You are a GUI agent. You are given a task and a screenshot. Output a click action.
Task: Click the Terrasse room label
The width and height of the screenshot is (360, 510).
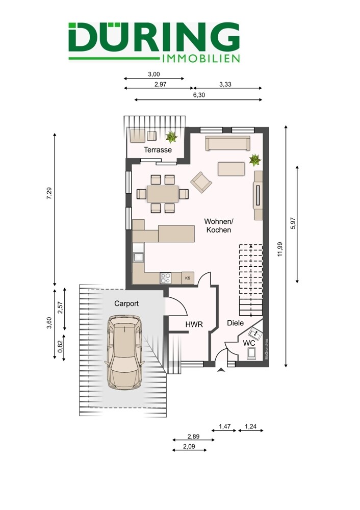pyautogui.click(x=158, y=150)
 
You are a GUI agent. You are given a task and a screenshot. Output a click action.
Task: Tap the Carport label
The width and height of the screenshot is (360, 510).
pyautogui.click(x=126, y=303)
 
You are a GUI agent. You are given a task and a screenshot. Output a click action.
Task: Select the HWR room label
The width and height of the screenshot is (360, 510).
pyautogui.click(x=194, y=324)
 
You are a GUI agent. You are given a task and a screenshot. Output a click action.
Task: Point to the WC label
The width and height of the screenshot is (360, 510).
pyautogui.click(x=249, y=343)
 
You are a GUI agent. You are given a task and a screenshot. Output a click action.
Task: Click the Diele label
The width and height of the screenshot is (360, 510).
pyautogui.click(x=236, y=323)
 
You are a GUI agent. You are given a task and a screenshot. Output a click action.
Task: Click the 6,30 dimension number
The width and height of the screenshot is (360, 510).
pyautogui.click(x=199, y=95)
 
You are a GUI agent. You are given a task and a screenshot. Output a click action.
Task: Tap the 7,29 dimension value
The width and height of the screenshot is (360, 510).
pyautogui.click(x=49, y=193)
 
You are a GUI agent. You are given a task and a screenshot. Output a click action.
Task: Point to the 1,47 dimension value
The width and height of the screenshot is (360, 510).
pyautogui.click(x=225, y=426)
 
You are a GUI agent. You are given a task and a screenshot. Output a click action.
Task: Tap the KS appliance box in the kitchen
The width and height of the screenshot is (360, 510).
pyautogui.click(x=188, y=278)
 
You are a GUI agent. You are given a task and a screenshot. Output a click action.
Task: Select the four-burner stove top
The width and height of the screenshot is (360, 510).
pyautogui.click(x=165, y=278)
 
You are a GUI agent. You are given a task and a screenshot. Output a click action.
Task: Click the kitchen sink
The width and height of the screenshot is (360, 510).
pyautogui.click(x=138, y=257)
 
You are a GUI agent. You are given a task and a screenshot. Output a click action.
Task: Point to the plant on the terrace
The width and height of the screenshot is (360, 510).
pyautogui.click(x=171, y=137)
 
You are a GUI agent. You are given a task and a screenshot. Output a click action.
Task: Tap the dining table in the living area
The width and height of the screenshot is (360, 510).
pyautogui.click(x=163, y=194)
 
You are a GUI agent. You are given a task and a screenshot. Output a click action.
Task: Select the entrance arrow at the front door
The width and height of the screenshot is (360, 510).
pyautogui.click(x=221, y=369)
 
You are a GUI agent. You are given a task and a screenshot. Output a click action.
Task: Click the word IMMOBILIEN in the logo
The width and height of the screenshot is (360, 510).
pyautogui.click(x=200, y=59)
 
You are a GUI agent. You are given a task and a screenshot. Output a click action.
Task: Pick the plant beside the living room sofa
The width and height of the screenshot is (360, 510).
pyautogui.click(x=255, y=160)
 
